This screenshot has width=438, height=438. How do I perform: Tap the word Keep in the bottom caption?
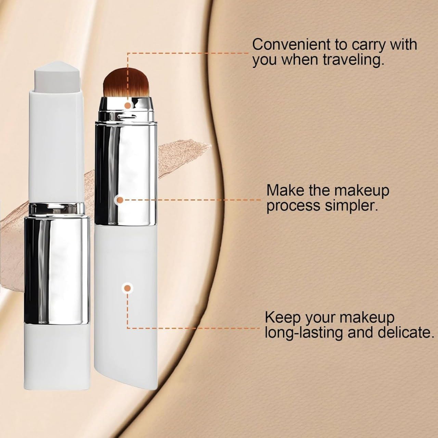point(283,318)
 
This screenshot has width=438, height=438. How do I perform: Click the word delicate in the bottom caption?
point(406,333)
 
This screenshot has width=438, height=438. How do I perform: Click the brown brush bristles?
point(126,82)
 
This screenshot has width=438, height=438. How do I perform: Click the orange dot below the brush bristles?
point(128,105)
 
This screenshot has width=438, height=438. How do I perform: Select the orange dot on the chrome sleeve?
point(120,200)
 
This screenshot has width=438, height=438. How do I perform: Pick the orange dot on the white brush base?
point(128,288)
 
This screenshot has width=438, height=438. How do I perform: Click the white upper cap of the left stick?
point(56,145)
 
